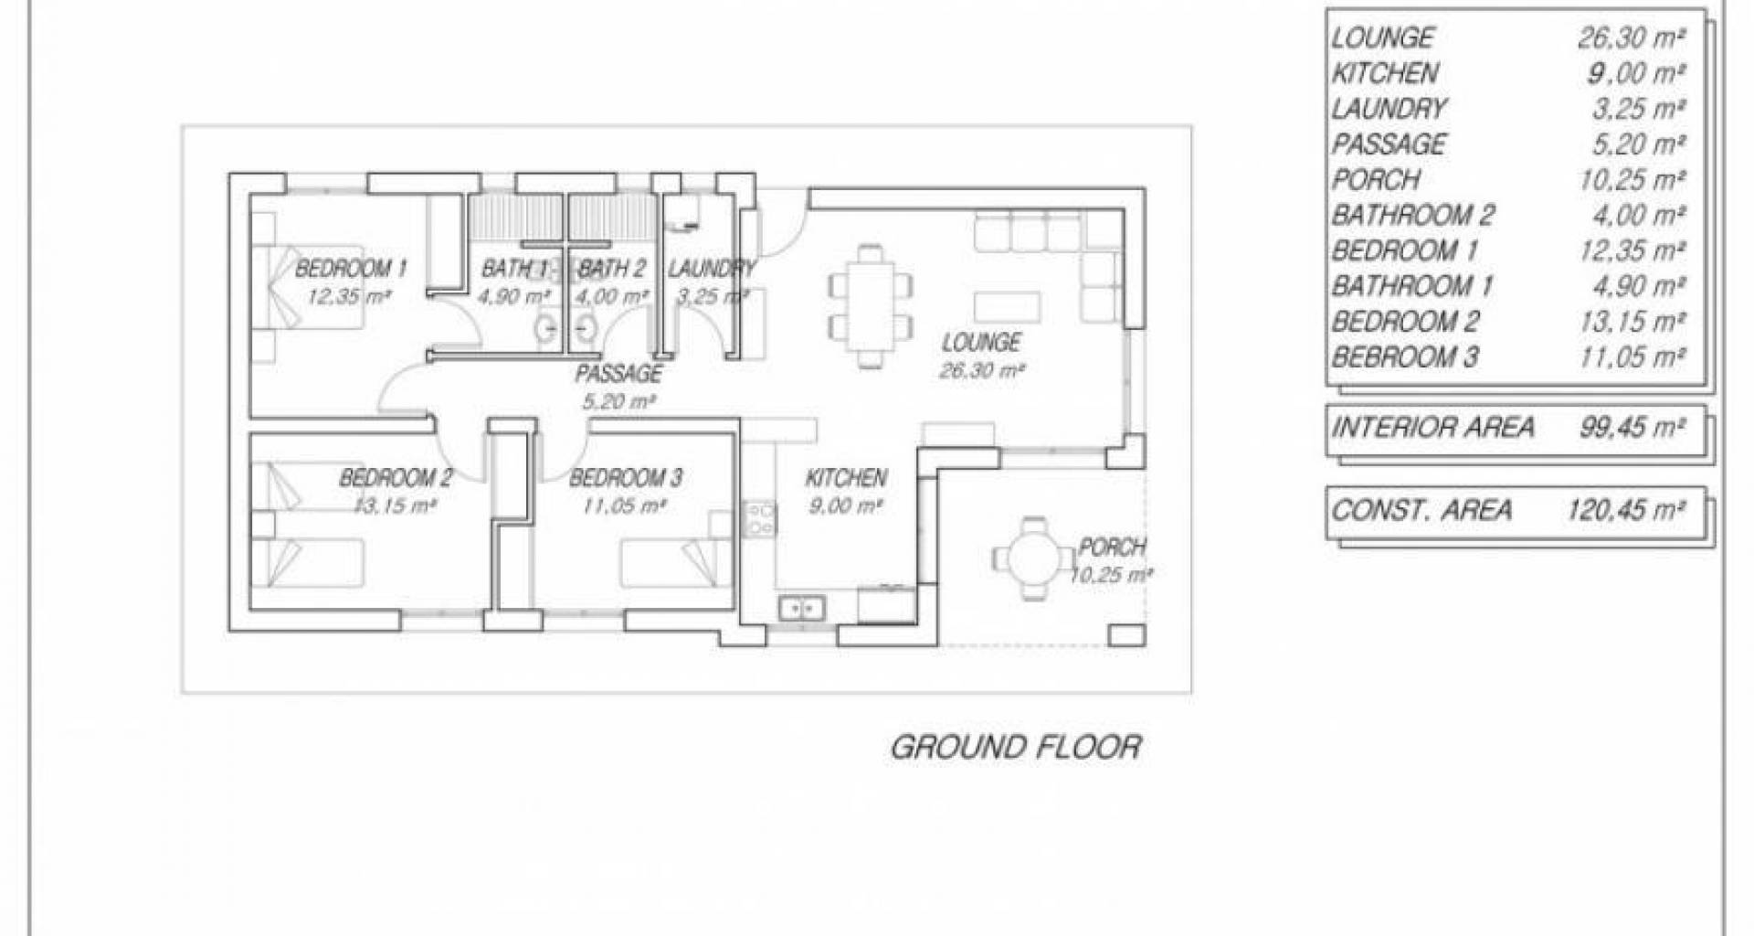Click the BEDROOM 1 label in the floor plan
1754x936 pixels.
pos(351,269)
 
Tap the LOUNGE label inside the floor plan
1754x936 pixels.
pos(981,343)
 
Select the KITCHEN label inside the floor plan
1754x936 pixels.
pos(846,478)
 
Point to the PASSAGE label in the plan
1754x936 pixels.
pos(618,374)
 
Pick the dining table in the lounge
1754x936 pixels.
pos(871,305)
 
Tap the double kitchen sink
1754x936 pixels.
pos(802,606)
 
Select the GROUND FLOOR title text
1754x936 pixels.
pos(1016,747)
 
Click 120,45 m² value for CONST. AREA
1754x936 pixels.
pos(1626,510)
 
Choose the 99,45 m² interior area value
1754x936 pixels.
pos(1632,427)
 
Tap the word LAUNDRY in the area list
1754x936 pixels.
pos(1389,109)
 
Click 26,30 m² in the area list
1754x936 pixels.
pos(1632,37)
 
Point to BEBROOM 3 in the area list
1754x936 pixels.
pos(1405,357)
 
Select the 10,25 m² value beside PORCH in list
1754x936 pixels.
pos(1632,180)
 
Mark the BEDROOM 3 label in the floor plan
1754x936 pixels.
pos(626,478)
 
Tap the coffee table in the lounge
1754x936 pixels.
pos(1007,305)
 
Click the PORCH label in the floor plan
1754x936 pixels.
pos(1112,548)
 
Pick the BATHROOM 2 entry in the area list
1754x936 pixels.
pos(1413,216)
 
